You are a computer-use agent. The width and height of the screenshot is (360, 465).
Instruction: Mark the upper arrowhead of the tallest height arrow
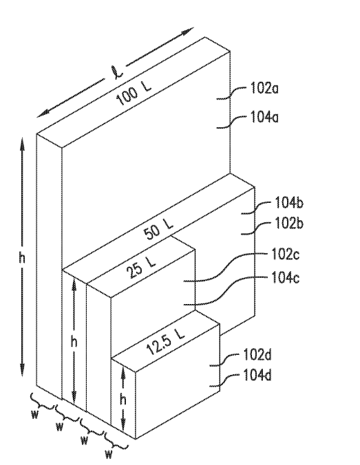coord(24,141)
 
